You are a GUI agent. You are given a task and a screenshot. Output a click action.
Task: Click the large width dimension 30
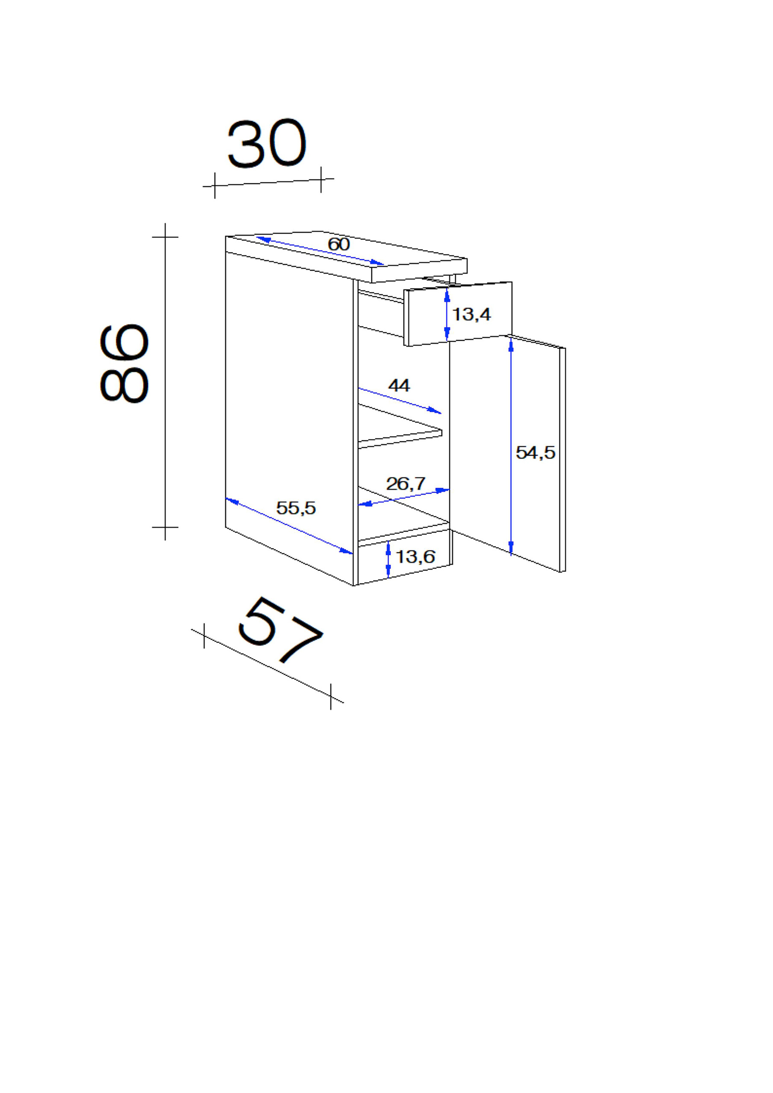click(267, 144)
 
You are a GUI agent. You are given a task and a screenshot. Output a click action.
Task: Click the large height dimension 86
click(125, 364)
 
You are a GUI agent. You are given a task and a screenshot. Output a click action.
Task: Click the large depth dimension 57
click(279, 630)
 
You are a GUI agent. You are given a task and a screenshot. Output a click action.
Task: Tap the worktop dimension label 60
click(338, 245)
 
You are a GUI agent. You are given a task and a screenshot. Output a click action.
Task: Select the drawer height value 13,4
click(471, 315)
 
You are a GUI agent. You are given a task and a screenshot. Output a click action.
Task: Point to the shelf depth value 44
click(399, 385)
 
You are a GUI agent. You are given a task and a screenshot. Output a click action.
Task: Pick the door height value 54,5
click(535, 453)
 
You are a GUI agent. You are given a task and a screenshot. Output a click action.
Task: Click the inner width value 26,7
click(406, 484)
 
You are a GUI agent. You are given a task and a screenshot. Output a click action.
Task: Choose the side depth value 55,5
click(296, 508)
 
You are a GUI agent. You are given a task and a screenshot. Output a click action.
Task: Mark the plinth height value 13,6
click(415, 557)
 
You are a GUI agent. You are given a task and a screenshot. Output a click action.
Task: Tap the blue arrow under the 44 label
click(400, 400)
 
